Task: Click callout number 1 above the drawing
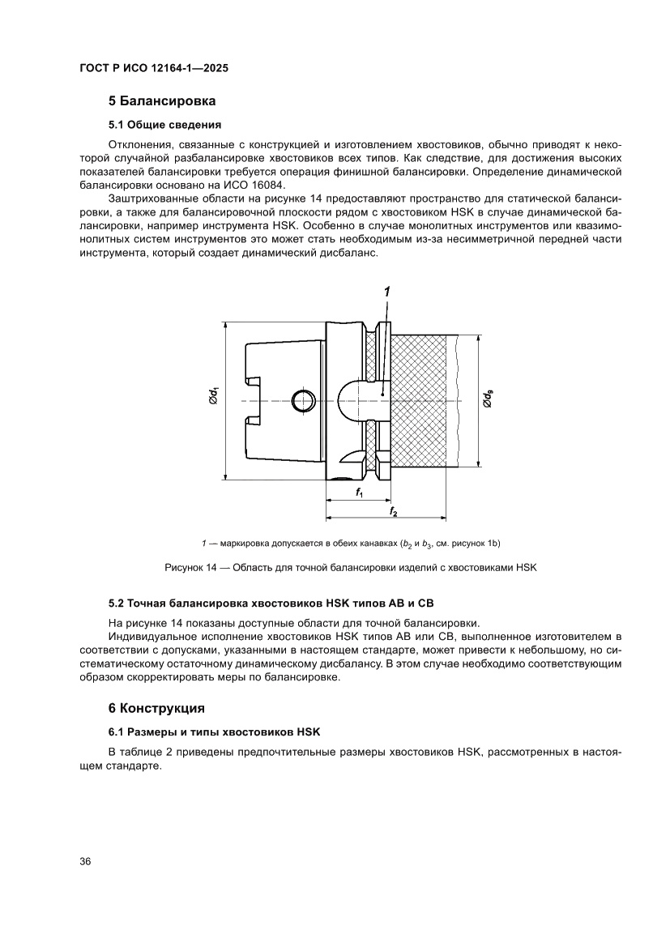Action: [x=388, y=291]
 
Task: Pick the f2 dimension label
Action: [x=394, y=512]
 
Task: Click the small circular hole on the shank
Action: [x=302, y=399]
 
